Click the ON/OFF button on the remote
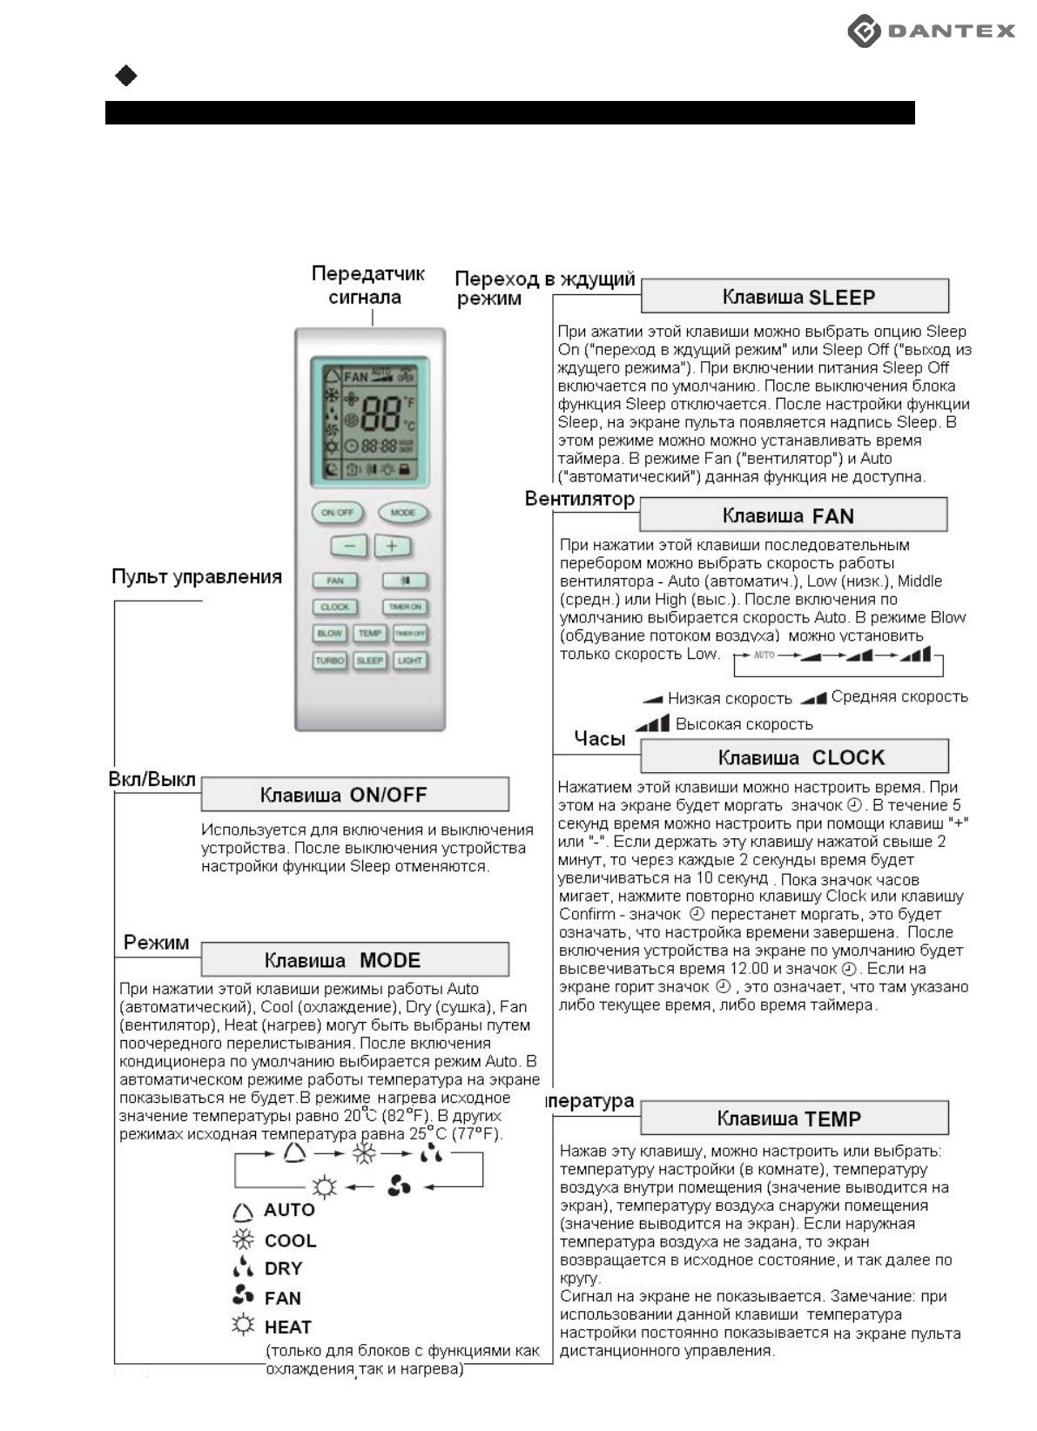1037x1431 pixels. click(337, 513)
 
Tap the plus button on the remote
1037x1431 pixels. click(392, 547)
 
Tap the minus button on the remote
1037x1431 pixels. click(349, 547)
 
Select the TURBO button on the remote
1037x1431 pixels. click(330, 661)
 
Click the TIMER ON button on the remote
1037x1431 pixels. click(405, 607)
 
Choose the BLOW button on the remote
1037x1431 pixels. click(330, 634)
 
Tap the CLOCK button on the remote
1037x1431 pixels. click(334, 607)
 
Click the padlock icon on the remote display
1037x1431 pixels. click(404, 468)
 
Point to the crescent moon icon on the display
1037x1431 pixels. click(332, 468)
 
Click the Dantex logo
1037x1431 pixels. click(931, 31)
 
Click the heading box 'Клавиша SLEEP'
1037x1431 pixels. click(794, 297)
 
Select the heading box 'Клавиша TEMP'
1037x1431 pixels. click(792, 1118)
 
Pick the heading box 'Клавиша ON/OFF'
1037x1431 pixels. click(354, 795)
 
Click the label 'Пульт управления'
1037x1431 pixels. click(197, 576)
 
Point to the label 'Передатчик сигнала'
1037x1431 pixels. click(367, 286)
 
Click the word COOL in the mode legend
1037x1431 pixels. click(290, 1240)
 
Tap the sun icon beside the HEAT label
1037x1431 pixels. click(243, 1326)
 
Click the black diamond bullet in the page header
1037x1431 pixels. click(126, 77)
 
